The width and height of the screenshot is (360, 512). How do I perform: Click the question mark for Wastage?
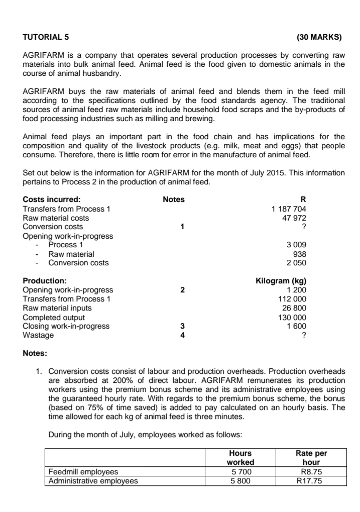pos(304,336)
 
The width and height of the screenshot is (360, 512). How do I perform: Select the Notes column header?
pos(174,199)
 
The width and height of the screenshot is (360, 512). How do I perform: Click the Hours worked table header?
pos(241,458)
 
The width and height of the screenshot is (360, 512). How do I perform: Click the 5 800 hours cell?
pos(241,481)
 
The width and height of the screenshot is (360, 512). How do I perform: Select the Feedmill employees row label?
pos(83,472)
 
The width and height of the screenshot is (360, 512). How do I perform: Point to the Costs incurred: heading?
pos(52,199)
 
